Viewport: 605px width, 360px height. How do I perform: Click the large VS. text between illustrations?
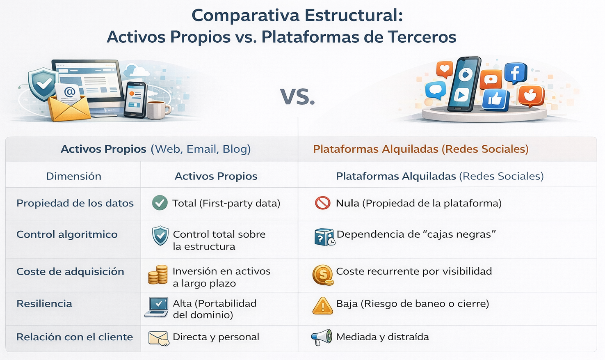click(x=297, y=96)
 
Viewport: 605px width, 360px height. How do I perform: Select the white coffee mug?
click(x=158, y=110)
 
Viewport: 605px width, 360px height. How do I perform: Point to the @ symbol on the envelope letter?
click(x=69, y=92)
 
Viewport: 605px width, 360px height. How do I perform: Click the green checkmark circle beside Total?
click(x=160, y=203)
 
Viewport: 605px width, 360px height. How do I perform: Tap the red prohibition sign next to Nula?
click(x=322, y=203)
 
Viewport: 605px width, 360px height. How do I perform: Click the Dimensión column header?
click(x=73, y=176)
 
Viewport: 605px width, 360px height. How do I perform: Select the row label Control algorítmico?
click(x=67, y=234)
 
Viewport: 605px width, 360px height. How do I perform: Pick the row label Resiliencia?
click(x=44, y=303)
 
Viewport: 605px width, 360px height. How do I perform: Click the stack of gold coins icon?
click(x=158, y=274)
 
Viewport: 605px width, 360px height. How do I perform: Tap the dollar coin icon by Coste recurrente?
click(x=323, y=275)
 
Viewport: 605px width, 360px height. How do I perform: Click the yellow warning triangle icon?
click(x=322, y=306)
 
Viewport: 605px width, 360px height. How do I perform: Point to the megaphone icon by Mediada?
click(x=322, y=337)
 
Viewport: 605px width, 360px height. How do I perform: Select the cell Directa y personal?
click(x=216, y=337)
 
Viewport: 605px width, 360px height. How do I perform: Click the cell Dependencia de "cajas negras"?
click(x=416, y=234)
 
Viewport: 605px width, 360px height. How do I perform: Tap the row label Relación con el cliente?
click(x=75, y=337)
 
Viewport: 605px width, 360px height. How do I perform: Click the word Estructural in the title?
click(x=354, y=15)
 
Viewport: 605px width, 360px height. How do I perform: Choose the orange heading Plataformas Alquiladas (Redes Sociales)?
click(x=420, y=149)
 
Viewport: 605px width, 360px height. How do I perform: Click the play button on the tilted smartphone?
click(x=461, y=95)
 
